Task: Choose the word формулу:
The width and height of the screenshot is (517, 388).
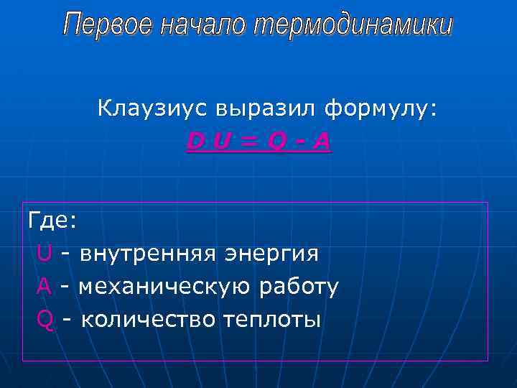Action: coord(380,111)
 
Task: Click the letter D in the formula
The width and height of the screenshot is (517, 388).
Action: coord(194,142)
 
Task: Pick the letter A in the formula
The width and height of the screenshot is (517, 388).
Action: coord(322,142)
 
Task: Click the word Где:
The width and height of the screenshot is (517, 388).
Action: coord(52,221)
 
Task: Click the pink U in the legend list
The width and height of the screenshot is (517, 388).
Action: coord(44,254)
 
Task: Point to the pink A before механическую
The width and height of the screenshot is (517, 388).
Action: coord(44,287)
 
